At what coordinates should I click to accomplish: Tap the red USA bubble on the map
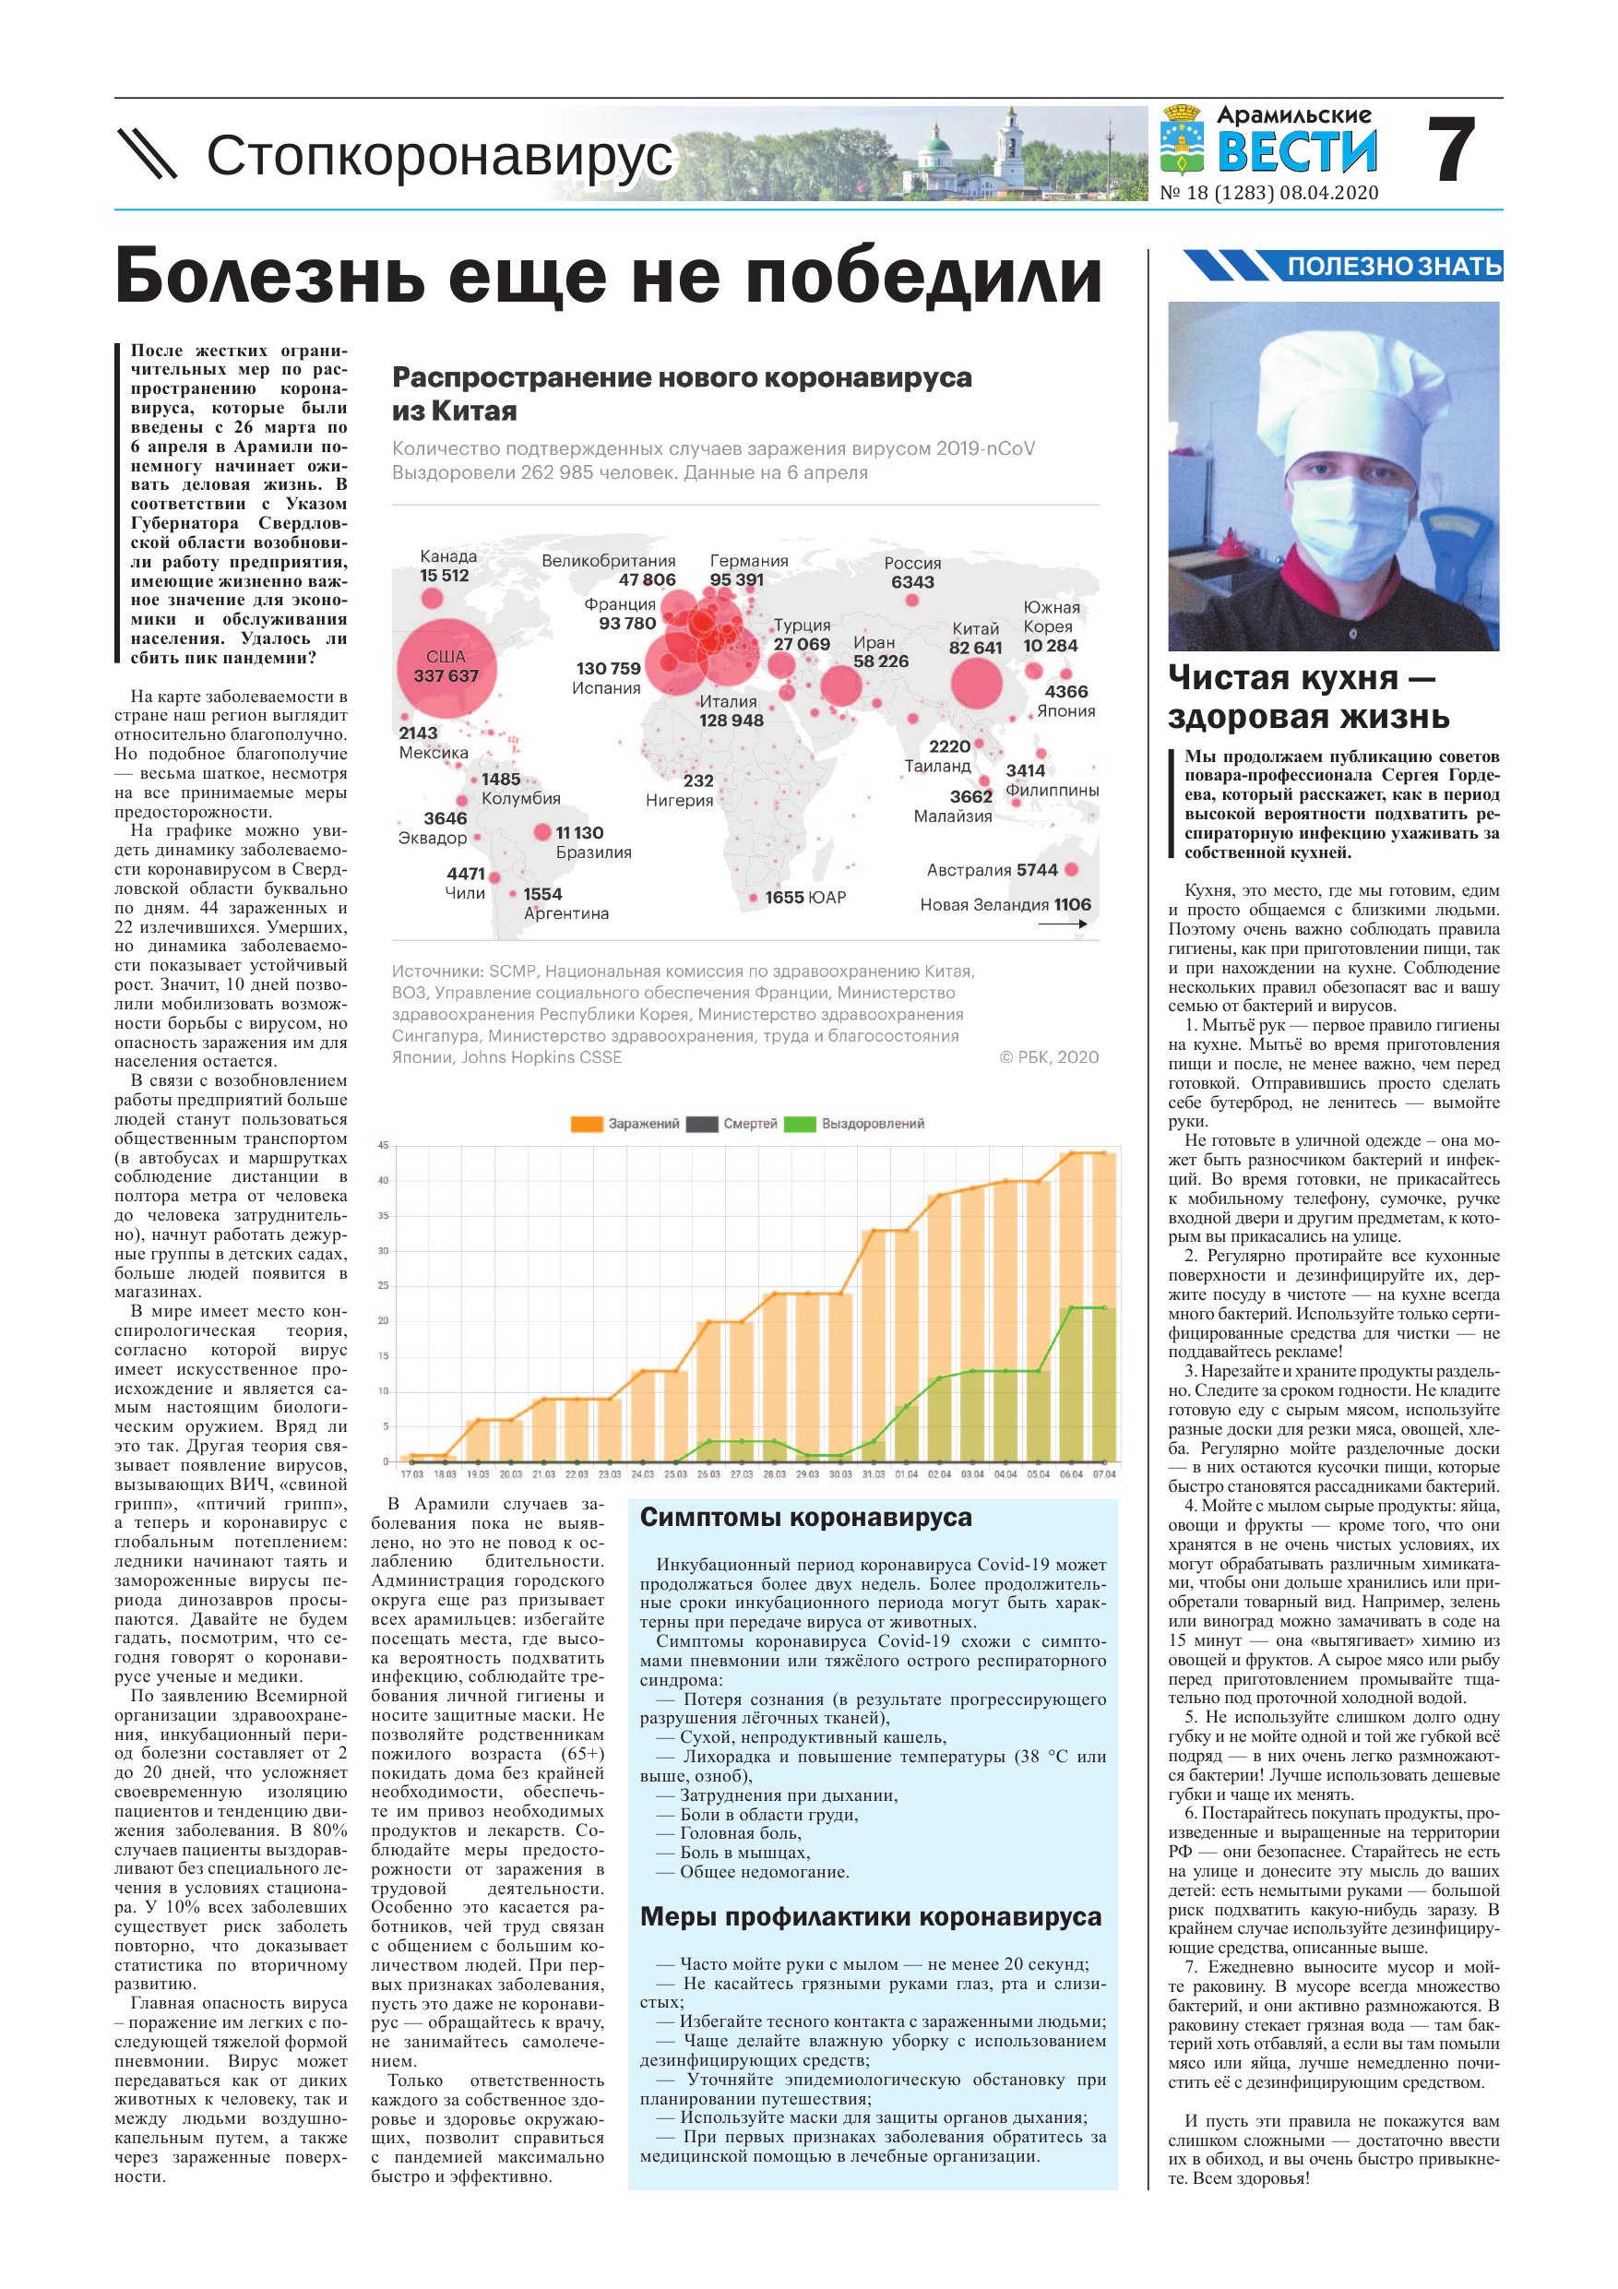pyautogui.click(x=445, y=666)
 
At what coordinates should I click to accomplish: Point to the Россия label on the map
pyautogui.click(x=912, y=564)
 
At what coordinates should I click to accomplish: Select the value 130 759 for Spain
pyautogui.click(x=608, y=668)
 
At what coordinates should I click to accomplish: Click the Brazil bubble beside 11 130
pyautogui.click(x=542, y=831)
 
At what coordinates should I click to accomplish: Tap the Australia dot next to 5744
pyautogui.click(x=1072, y=869)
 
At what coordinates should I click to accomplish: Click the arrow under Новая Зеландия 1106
pyautogui.click(x=1063, y=924)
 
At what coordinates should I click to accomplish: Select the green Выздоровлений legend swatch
pyautogui.click(x=800, y=1125)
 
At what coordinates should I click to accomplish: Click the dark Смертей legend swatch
pyautogui.click(x=702, y=1125)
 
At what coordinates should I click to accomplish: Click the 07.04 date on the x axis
pyautogui.click(x=1103, y=1473)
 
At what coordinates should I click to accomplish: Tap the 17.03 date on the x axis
pyautogui.click(x=411, y=1473)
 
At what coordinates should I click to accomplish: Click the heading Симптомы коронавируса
pyautogui.click(x=805, y=1518)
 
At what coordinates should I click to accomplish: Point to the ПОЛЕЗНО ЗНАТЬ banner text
pyautogui.click(x=1394, y=267)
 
